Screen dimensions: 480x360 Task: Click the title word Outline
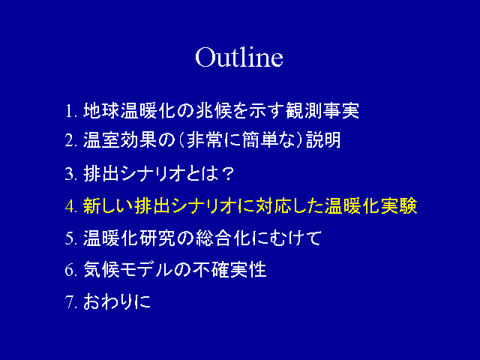tap(239, 57)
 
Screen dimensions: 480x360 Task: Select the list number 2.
tap(70, 141)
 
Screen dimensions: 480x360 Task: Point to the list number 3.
tap(70, 174)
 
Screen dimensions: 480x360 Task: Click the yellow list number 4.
tap(70, 206)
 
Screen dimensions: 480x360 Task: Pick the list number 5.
tap(70, 238)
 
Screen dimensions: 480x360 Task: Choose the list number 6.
tap(70, 270)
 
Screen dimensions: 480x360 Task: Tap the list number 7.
tap(70, 302)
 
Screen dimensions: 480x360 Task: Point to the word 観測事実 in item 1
tap(322, 110)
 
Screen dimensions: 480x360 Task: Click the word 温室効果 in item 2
tap(120, 140)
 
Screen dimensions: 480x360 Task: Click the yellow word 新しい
tap(108, 205)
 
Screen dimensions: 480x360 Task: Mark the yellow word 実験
tap(399, 205)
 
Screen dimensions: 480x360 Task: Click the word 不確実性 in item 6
tap(229, 270)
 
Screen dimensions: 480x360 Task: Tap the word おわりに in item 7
tap(117, 301)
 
